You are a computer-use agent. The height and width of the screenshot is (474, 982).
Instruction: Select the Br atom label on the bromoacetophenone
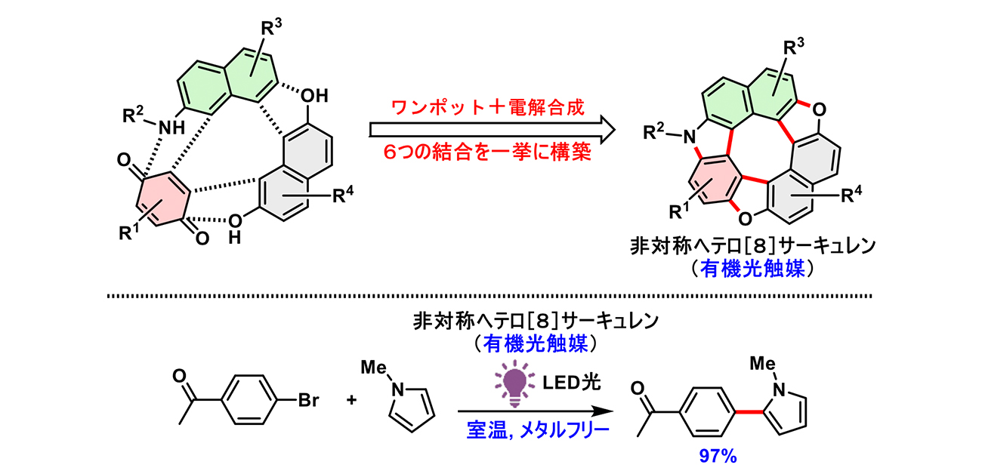pyautogui.click(x=308, y=400)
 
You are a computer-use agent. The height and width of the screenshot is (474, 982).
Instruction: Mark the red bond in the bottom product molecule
pyautogui.click(x=750, y=408)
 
